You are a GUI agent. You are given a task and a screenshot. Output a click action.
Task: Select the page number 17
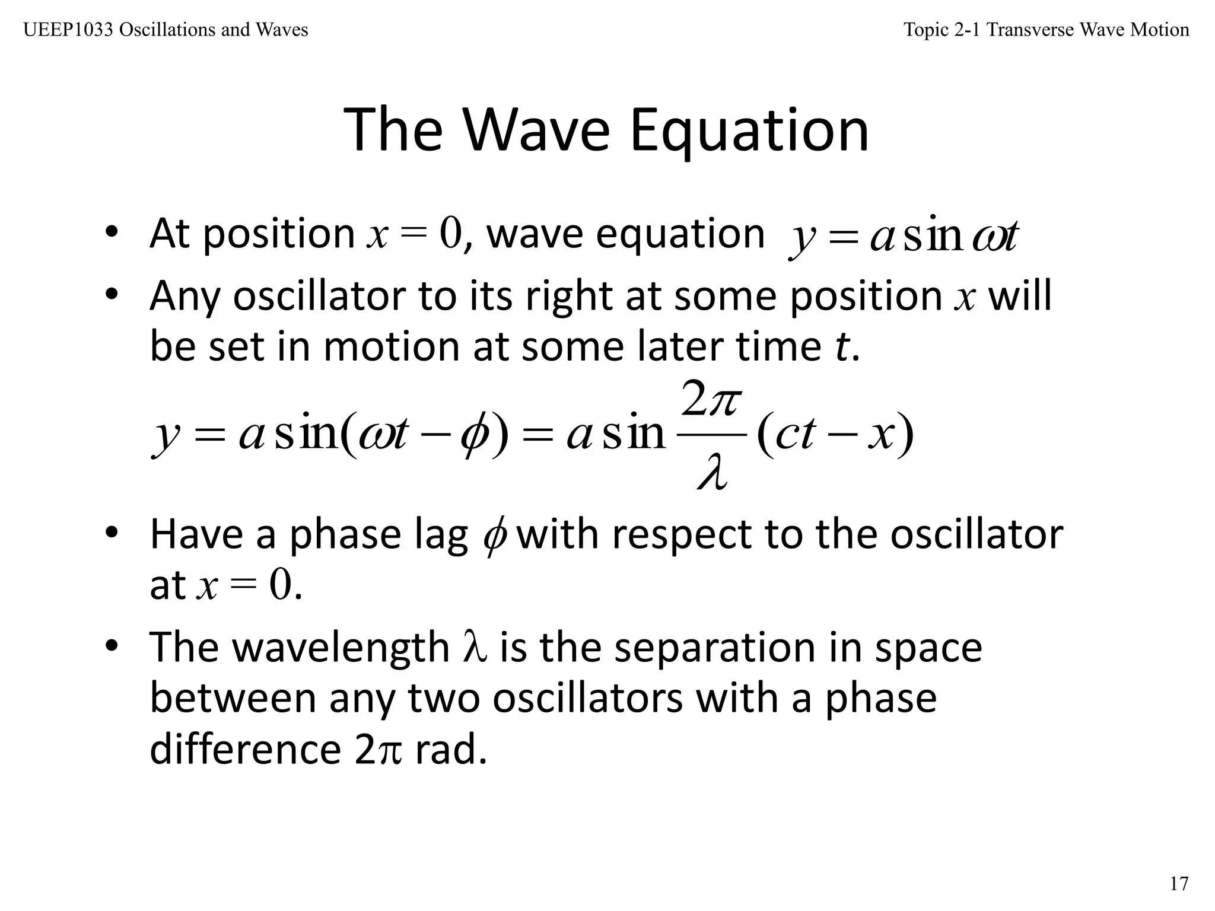(x=1179, y=884)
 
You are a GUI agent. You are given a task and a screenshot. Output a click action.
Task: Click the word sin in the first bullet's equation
(x=933, y=236)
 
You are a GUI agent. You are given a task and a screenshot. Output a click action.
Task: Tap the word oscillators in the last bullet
(x=587, y=698)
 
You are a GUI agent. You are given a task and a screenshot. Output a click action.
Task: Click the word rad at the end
(x=451, y=750)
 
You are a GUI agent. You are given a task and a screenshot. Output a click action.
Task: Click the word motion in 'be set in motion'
(x=391, y=347)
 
